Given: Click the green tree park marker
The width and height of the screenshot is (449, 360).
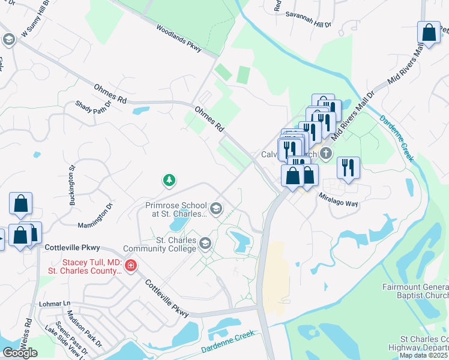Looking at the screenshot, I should [170, 180].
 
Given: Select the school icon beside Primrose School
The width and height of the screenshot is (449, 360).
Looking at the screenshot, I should [216, 209].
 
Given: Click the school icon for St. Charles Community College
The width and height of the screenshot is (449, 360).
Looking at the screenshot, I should [205, 243].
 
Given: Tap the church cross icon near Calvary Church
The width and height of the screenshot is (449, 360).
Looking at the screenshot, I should [326, 153].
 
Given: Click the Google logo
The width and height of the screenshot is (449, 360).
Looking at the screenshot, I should [20, 353].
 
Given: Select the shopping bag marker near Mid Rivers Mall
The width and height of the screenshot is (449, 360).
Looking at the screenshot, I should [429, 34].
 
